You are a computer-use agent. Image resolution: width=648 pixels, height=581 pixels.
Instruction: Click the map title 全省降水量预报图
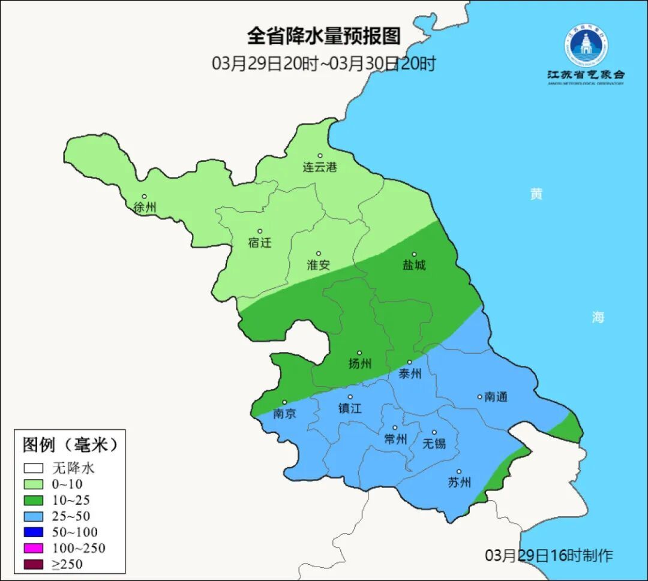click(x=323, y=37)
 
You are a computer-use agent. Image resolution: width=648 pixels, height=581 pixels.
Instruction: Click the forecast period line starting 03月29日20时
click(x=323, y=64)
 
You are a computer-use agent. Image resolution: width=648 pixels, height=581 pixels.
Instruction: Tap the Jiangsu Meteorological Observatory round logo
click(x=585, y=46)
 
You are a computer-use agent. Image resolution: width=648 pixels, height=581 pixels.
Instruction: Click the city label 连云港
click(x=320, y=167)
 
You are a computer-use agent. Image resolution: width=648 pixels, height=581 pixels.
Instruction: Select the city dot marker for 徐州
click(x=144, y=197)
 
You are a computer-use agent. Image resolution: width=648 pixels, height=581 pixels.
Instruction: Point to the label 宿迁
click(x=260, y=243)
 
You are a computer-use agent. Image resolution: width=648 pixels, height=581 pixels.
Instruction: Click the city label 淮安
click(x=319, y=265)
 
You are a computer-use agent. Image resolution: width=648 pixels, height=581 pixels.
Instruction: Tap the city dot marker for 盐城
click(x=414, y=254)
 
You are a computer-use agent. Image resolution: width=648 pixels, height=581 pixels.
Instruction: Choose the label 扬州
click(x=360, y=364)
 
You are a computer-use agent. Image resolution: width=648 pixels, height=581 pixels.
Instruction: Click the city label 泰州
click(x=410, y=374)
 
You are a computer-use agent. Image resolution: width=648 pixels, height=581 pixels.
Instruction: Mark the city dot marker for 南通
click(x=479, y=396)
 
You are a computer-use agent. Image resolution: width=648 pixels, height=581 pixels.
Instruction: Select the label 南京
click(x=284, y=414)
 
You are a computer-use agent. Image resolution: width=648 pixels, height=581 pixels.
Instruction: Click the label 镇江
click(x=350, y=408)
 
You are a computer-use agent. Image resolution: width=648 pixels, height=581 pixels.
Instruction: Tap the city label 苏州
click(x=460, y=483)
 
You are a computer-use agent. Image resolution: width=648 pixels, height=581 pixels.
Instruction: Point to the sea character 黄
click(x=536, y=194)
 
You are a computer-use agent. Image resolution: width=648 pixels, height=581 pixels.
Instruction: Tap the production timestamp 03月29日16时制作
click(x=549, y=555)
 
